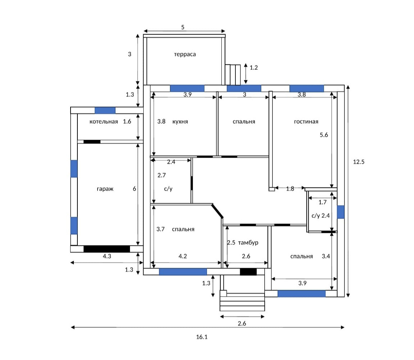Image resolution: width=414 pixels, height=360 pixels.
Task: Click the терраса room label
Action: pyautogui.click(x=185, y=54)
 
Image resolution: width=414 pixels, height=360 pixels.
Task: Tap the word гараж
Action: pyautogui.click(x=105, y=189)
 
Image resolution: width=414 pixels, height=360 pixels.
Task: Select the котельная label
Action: pyautogui.click(x=104, y=121)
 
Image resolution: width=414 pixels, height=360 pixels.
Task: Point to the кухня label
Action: pyautogui.click(x=180, y=121)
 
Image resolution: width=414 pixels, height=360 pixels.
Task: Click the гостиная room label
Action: pyautogui.click(x=306, y=121)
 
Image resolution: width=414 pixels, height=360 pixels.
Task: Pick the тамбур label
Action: pyautogui.click(x=248, y=243)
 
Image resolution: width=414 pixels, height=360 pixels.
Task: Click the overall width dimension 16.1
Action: pyautogui.click(x=202, y=337)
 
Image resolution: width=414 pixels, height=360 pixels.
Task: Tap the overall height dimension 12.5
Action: pyautogui.click(x=359, y=162)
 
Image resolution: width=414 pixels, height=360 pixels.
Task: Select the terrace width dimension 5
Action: pyautogui.click(x=183, y=27)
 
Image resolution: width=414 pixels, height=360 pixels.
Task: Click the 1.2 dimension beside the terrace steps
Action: pyautogui.click(x=253, y=68)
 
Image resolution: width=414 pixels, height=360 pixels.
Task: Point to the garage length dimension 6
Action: pyautogui.click(x=134, y=189)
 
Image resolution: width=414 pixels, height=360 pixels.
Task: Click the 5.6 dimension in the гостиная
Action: pyautogui.click(x=324, y=135)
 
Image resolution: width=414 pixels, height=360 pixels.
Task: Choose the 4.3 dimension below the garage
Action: pyautogui.click(x=107, y=256)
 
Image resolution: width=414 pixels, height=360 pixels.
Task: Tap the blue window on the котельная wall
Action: pyautogui.click(x=105, y=111)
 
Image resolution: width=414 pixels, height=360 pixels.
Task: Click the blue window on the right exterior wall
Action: pyautogui.click(x=341, y=212)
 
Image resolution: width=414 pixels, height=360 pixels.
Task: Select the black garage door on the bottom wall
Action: pyautogui.click(x=107, y=249)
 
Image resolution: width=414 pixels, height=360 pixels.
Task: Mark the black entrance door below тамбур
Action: pyautogui.click(x=248, y=272)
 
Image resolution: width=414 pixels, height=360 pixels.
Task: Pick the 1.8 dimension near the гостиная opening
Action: pyautogui.click(x=290, y=189)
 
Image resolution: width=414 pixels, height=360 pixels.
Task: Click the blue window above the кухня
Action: pyautogui.click(x=187, y=88)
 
